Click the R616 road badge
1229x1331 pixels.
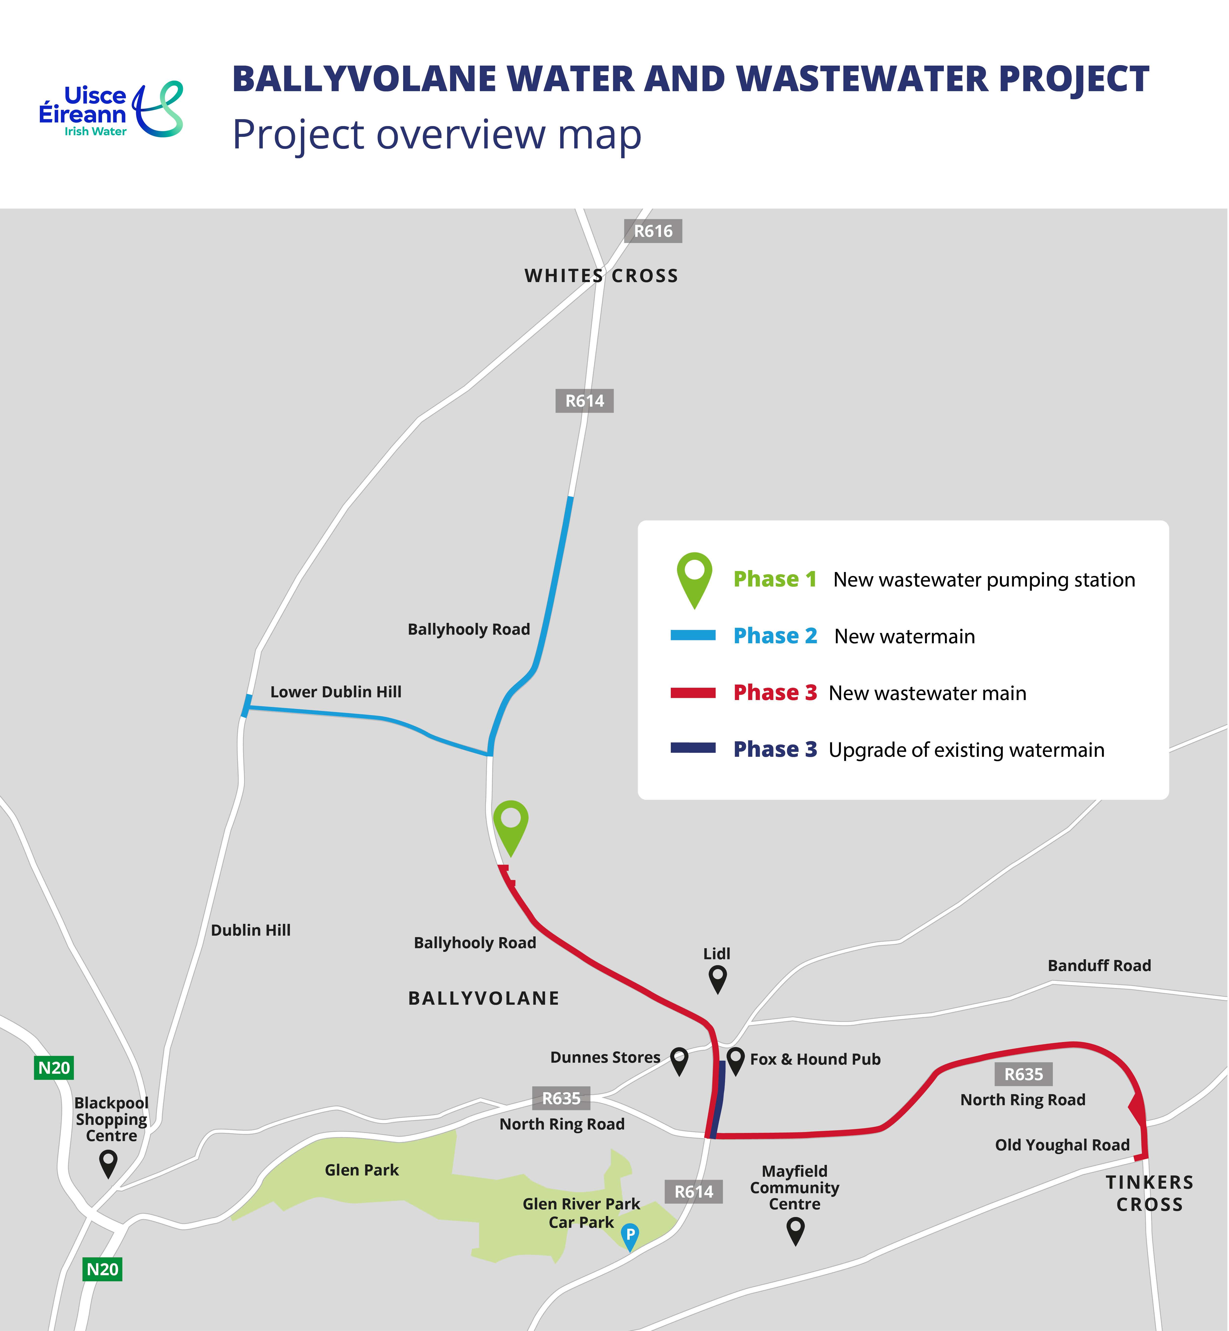[652, 231]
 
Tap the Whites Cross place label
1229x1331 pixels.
[601, 276]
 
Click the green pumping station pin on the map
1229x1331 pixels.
[510, 824]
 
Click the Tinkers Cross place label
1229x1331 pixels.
[1149, 1193]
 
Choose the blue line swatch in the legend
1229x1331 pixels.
[692, 636]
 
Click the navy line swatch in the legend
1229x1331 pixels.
[692, 748]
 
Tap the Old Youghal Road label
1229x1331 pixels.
[1062, 1145]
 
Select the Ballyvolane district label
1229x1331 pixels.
[483, 999]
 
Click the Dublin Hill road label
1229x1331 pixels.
[251, 930]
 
